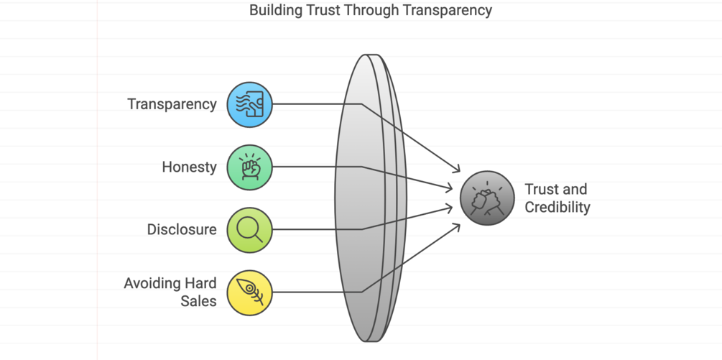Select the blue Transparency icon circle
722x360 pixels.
[x=249, y=104]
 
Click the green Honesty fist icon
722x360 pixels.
[x=249, y=167]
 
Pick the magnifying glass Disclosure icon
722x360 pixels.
[x=249, y=230]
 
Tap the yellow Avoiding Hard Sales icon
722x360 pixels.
[x=249, y=292]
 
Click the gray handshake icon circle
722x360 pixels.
[x=487, y=198]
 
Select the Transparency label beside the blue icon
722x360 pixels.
[x=172, y=104]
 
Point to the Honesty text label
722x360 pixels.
[x=189, y=167]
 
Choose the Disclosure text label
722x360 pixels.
[x=182, y=230]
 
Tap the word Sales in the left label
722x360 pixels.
[x=198, y=301]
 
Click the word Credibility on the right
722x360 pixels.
[x=557, y=208]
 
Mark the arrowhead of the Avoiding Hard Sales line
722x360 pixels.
[x=457, y=226]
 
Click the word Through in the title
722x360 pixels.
[x=374, y=10]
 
